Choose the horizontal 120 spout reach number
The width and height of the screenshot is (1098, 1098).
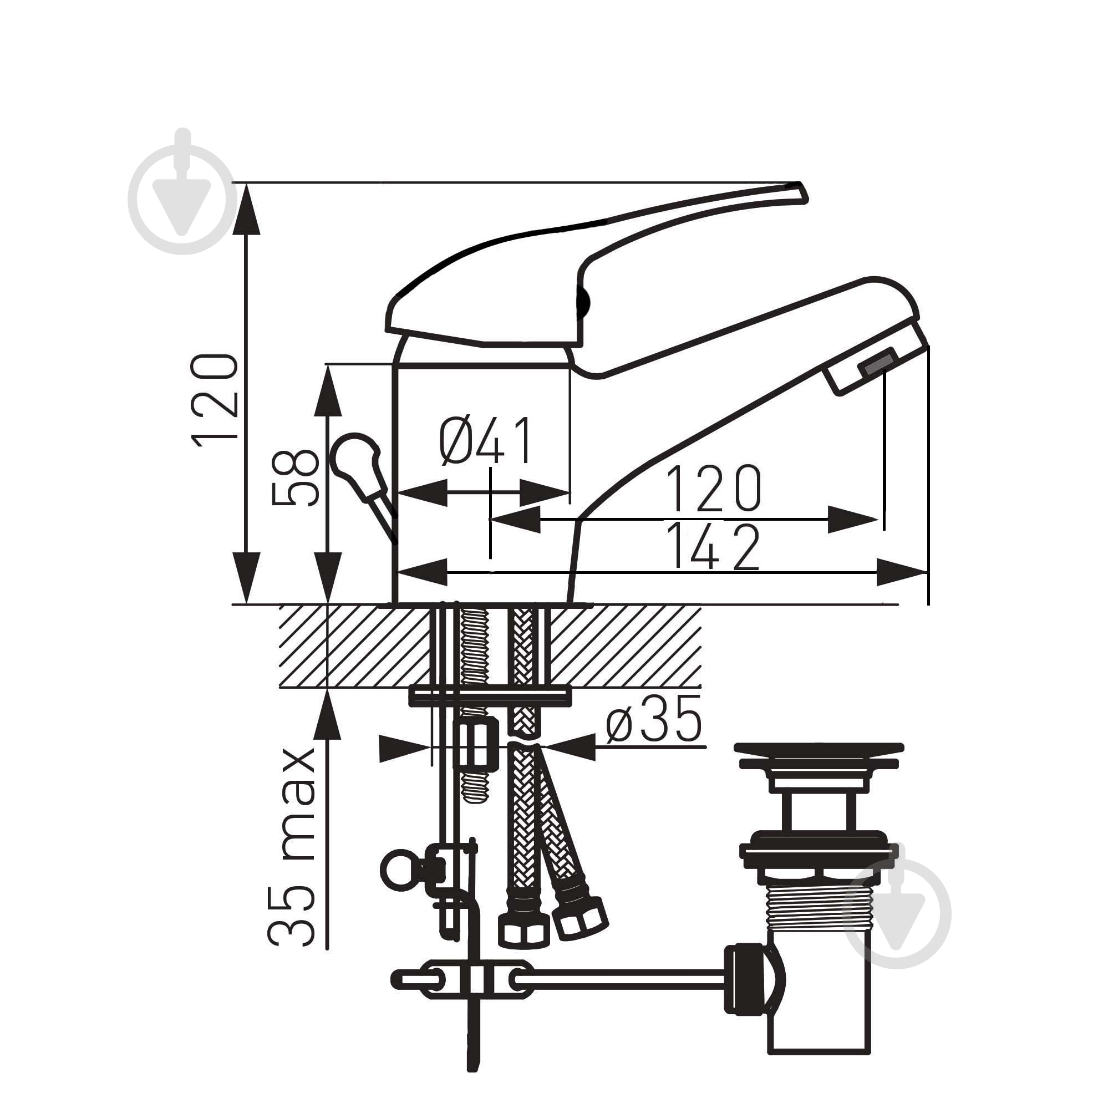[714, 488]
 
